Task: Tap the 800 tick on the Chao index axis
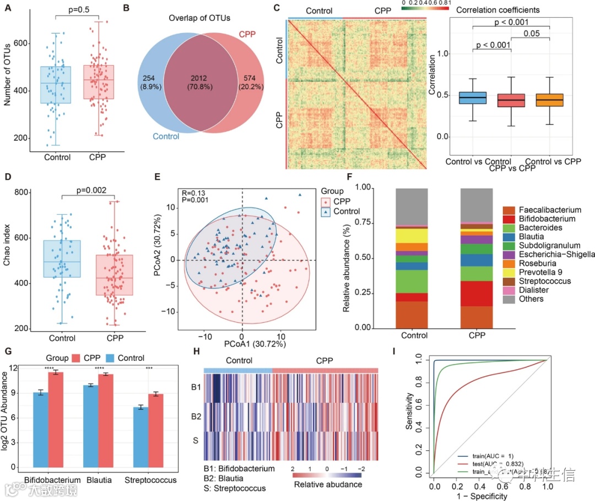[21, 193]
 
